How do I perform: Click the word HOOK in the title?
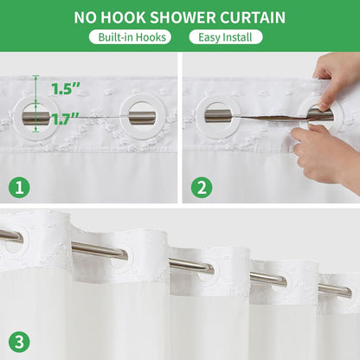pyautogui.click(x=123, y=17)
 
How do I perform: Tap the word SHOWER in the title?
pyautogui.click(x=183, y=17)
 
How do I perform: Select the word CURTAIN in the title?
pyautogui.click(x=253, y=17)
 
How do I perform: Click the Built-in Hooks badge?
pyautogui.click(x=130, y=37)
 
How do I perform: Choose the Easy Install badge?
pyautogui.click(x=226, y=37)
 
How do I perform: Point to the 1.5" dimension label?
pyautogui.click(x=65, y=89)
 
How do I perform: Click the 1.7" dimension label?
pyautogui.click(x=65, y=119)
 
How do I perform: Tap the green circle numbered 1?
pyautogui.click(x=19, y=188)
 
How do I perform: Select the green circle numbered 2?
pyautogui.click(x=202, y=188)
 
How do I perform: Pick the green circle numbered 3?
pyautogui.click(x=19, y=343)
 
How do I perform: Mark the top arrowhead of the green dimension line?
pyautogui.click(x=35, y=77)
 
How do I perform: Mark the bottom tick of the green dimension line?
pyautogui.click(x=35, y=132)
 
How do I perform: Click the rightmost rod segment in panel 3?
pyautogui.click(x=335, y=290)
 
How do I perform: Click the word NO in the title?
pyautogui.click(x=85, y=17)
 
